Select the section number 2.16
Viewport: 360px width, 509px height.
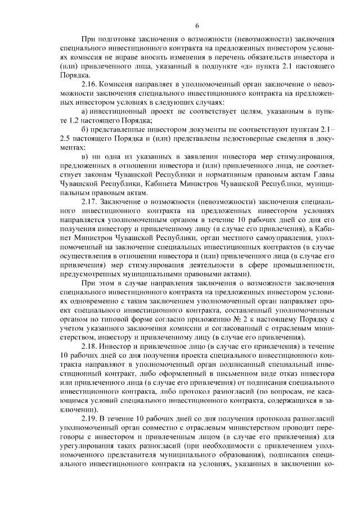coord(91,84)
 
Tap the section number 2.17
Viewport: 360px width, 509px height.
coord(91,200)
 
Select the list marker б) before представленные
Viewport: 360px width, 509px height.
coord(86,130)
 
